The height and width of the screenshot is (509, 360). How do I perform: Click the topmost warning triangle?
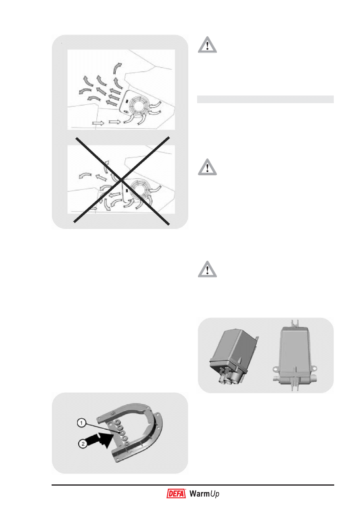[207, 45]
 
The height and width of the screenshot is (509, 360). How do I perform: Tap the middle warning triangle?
[207, 167]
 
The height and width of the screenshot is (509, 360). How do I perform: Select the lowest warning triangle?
[207, 269]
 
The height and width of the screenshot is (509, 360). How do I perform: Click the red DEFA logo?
[176, 493]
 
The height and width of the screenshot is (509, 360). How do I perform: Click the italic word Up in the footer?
[214, 494]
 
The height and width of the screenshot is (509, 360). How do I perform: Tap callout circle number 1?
[81, 423]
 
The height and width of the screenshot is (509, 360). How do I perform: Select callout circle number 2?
[83, 444]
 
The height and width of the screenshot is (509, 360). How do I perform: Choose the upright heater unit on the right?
[295, 355]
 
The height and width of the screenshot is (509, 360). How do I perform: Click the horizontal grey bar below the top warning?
[265, 99]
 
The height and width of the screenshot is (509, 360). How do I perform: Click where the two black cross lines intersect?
[122, 180]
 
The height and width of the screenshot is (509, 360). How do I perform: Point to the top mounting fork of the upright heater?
[295, 323]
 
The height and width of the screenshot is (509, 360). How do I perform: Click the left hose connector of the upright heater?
[275, 378]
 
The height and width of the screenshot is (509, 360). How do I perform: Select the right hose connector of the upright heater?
[314, 379]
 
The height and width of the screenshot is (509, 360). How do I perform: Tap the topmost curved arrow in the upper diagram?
[117, 68]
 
